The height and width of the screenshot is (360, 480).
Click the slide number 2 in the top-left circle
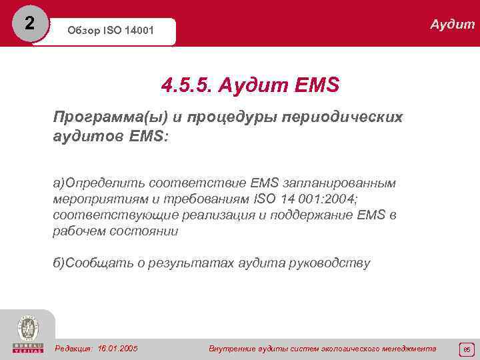point(29,22)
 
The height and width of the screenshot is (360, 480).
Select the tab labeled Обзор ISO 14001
point(109,31)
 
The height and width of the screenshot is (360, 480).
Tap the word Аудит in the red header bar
point(452,25)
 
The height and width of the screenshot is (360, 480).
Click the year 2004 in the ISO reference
point(341,198)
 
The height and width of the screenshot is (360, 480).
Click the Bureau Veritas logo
point(27,333)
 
